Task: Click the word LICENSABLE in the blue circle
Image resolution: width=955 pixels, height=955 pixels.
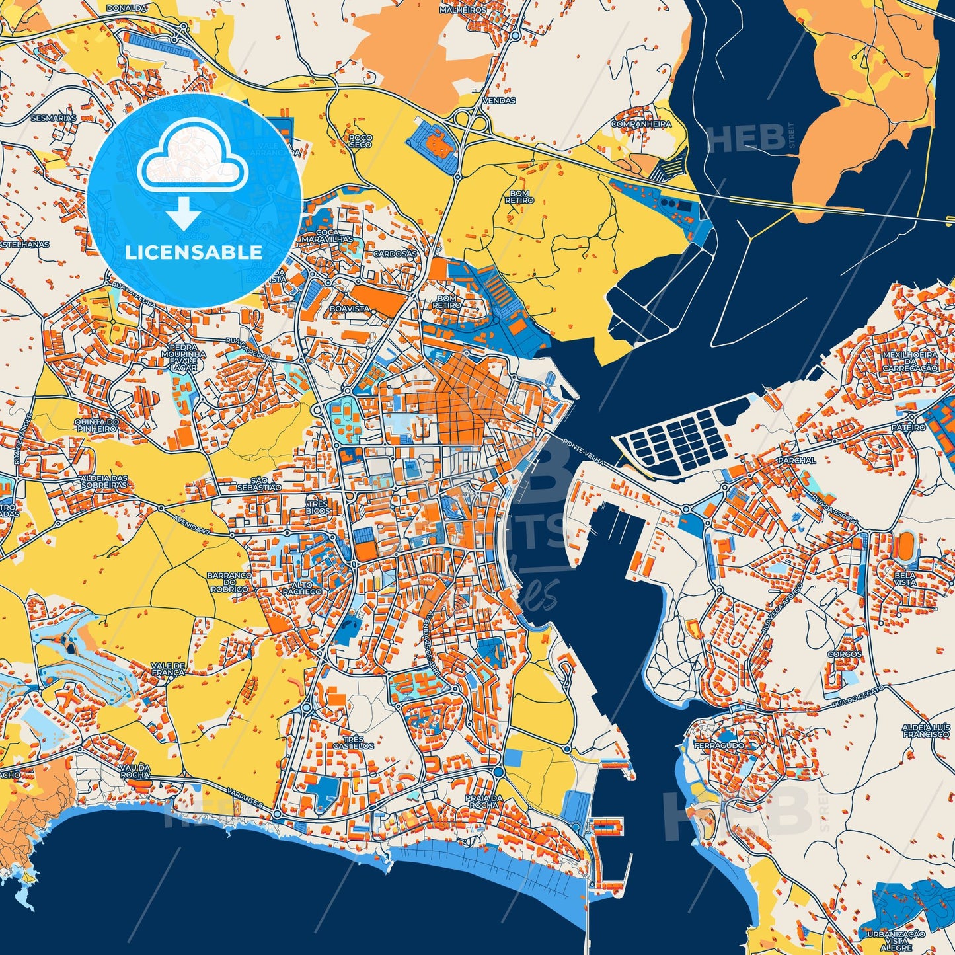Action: (x=194, y=252)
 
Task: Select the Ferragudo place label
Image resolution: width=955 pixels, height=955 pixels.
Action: (x=718, y=745)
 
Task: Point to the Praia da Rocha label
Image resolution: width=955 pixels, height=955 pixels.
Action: (x=484, y=801)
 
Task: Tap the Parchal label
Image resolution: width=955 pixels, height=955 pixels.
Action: (x=796, y=460)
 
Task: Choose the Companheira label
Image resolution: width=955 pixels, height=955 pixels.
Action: (x=640, y=124)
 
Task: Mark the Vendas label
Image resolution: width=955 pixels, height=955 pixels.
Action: (x=500, y=100)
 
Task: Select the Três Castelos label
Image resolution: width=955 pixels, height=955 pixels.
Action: (x=354, y=742)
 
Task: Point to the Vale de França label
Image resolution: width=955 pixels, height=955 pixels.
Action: (x=168, y=669)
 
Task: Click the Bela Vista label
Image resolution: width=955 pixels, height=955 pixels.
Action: (x=905, y=578)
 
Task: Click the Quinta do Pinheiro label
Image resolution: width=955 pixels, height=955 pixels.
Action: (x=96, y=425)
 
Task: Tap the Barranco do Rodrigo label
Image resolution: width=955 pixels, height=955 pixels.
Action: (x=229, y=582)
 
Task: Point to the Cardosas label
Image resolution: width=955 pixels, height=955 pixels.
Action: (x=395, y=254)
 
